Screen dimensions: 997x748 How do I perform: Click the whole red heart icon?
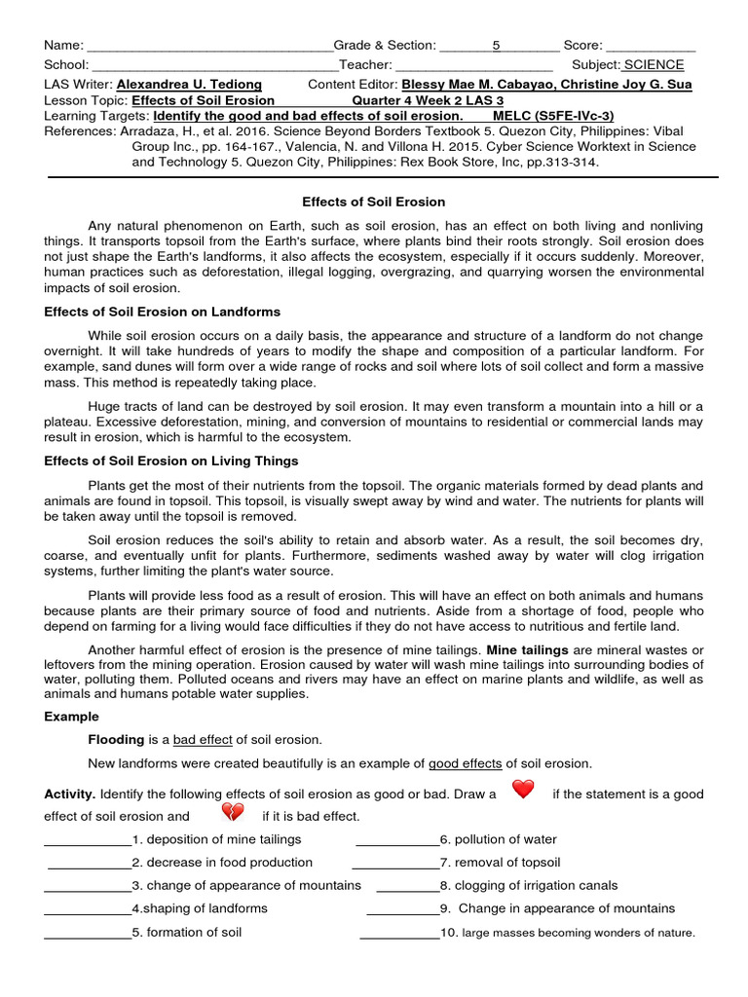tap(523, 790)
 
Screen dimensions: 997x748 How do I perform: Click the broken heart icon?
tap(233, 812)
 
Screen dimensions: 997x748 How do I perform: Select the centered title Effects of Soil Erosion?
tap(373, 202)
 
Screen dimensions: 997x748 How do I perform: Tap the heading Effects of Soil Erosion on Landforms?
tap(163, 312)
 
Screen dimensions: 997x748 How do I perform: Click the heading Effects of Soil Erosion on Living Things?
tap(171, 461)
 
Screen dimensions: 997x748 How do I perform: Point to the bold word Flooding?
tap(116, 740)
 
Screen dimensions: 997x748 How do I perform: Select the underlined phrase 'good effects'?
tap(466, 763)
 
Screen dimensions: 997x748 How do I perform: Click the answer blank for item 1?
tap(88, 840)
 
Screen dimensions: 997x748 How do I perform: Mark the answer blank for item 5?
tap(88, 933)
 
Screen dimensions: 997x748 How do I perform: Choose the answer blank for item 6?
tap(397, 840)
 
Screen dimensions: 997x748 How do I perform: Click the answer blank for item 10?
tap(399, 934)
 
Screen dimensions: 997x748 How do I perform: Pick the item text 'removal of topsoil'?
tap(505, 863)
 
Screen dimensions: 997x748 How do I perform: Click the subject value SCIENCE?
tap(654, 65)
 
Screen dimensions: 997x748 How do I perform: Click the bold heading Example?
tap(72, 717)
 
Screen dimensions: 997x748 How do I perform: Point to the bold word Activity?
tap(70, 794)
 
